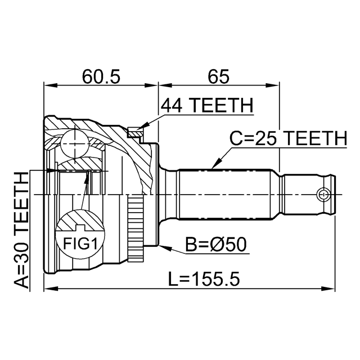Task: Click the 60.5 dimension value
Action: pos(101,76)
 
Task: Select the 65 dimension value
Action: pos(218,76)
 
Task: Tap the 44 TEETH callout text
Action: pos(207,105)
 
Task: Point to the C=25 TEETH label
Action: pos(289,138)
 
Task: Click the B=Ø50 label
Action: pos(216,245)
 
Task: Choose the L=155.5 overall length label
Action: pos(204,279)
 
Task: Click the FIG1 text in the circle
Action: pos(80,244)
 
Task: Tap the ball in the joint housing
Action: pos(74,144)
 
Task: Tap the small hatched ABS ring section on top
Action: pos(136,132)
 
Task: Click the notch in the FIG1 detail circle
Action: pos(80,228)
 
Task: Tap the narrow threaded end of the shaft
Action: pos(308,195)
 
